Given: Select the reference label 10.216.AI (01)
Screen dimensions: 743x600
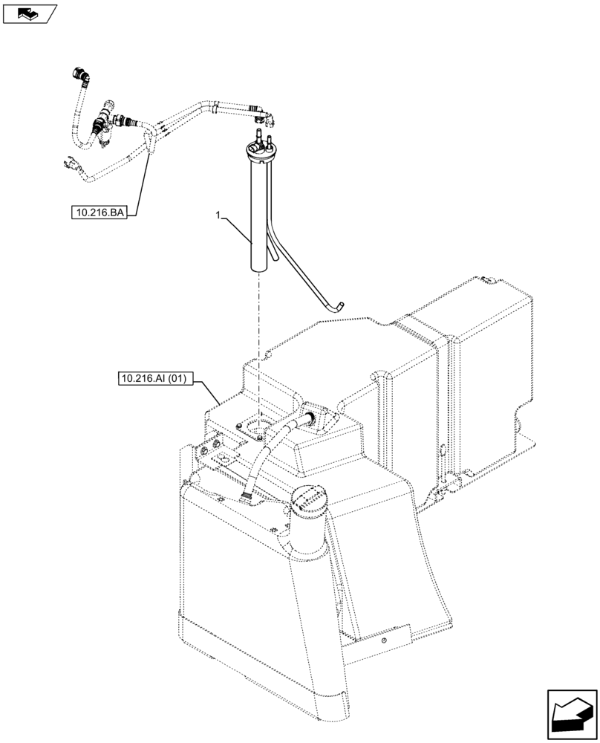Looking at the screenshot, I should [154, 380].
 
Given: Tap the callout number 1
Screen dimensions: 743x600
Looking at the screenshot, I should [218, 215].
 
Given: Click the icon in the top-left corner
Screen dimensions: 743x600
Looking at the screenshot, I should [29, 12].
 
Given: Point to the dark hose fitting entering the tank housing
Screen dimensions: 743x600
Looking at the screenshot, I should [307, 417].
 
